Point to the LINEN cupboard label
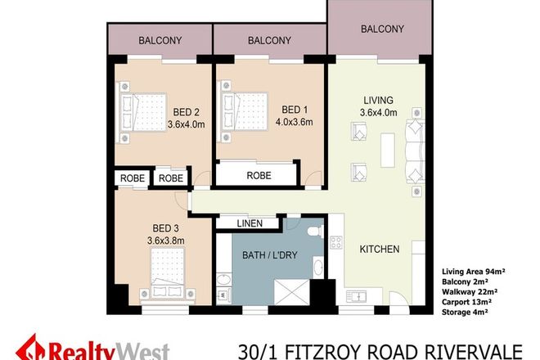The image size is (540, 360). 250,223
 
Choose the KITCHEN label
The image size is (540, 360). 380,249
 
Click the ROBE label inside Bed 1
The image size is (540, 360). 254,174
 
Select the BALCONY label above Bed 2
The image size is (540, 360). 160,39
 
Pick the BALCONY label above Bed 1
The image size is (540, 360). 269,39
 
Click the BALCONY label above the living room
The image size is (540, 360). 382,29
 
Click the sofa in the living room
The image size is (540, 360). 416,151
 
